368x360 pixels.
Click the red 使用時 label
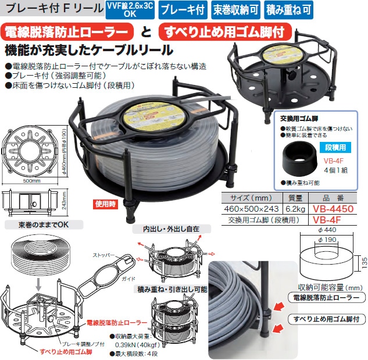point(105,204)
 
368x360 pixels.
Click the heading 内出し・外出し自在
point(166,230)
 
